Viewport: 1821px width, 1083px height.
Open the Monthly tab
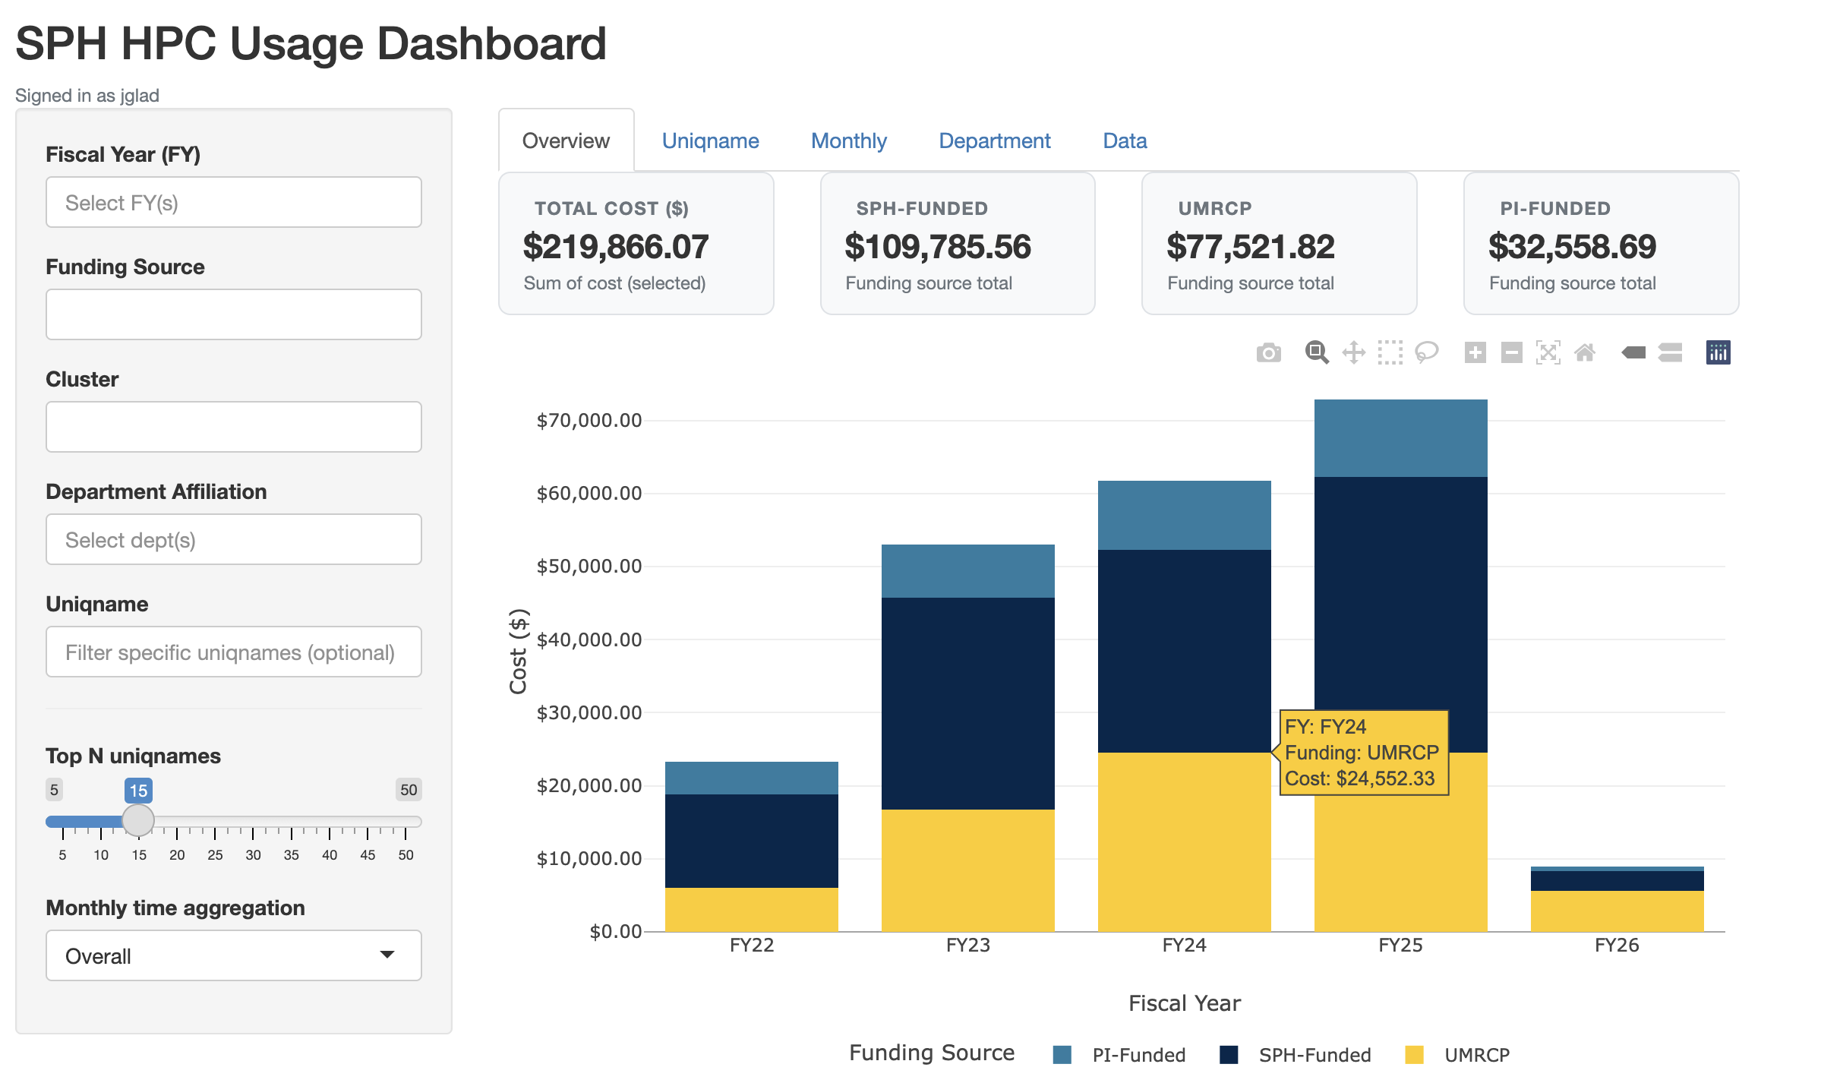pyautogui.click(x=848, y=141)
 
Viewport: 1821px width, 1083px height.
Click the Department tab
pyautogui.click(x=994, y=141)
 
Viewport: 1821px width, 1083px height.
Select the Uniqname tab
pyautogui.click(x=710, y=141)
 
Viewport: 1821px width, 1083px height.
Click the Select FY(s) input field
pyautogui.click(x=233, y=203)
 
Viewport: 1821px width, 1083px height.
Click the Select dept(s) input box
pyautogui.click(x=233, y=540)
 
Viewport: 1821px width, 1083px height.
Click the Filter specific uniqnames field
pyautogui.click(x=233, y=652)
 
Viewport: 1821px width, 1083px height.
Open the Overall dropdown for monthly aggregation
pyautogui.click(x=233, y=956)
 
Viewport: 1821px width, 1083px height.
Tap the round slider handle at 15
pyautogui.click(x=138, y=820)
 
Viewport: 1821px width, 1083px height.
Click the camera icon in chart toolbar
pyautogui.click(x=1268, y=353)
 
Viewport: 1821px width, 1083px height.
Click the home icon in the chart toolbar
pyautogui.click(x=1584, y=353)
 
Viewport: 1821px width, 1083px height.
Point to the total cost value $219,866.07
pyautogui.click(x=615, y=247)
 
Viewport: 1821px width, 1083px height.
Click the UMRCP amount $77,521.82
pyautogui.click(x=1250, y=247)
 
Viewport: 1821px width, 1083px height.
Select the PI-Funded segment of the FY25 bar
pyautogui.click(x=1400, y=438)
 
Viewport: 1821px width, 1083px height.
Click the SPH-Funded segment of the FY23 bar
pyautogui.click(x=967, y=703)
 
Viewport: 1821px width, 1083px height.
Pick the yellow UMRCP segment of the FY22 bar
pyautogui.click(x=751, y=909)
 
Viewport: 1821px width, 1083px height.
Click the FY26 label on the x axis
pyautogui.click(x=1616, y=946)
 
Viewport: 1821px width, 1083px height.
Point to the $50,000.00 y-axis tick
pyautogui.click(x=589, y=567)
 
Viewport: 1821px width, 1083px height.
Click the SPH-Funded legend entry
pyautogui.click(x=1314, y=1055)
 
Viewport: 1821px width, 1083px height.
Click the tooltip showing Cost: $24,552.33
pyautogui.click(x=1363, y=753)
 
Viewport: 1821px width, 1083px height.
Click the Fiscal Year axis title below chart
pyautogui.click(x=1184, y=1003)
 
